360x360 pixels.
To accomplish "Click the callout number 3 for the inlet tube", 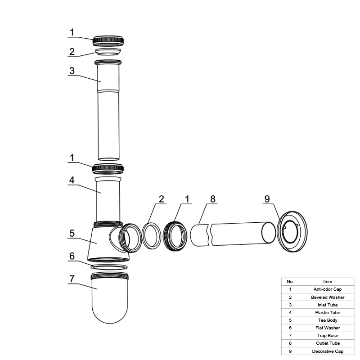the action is (72, 71).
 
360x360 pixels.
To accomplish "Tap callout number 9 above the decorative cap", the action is (267, 199).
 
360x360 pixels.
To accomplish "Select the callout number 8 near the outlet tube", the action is (213, 199).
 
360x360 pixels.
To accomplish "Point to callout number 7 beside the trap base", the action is (72, 279).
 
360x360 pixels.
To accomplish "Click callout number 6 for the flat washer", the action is (72, 256).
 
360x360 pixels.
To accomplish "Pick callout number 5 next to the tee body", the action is (72, 233).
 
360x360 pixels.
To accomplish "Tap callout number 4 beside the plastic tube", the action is (72, 180).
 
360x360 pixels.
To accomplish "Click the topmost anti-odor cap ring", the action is (108, 41).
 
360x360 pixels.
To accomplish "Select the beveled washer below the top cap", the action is (108, 52).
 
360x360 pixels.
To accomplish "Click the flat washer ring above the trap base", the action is (109, 267).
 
